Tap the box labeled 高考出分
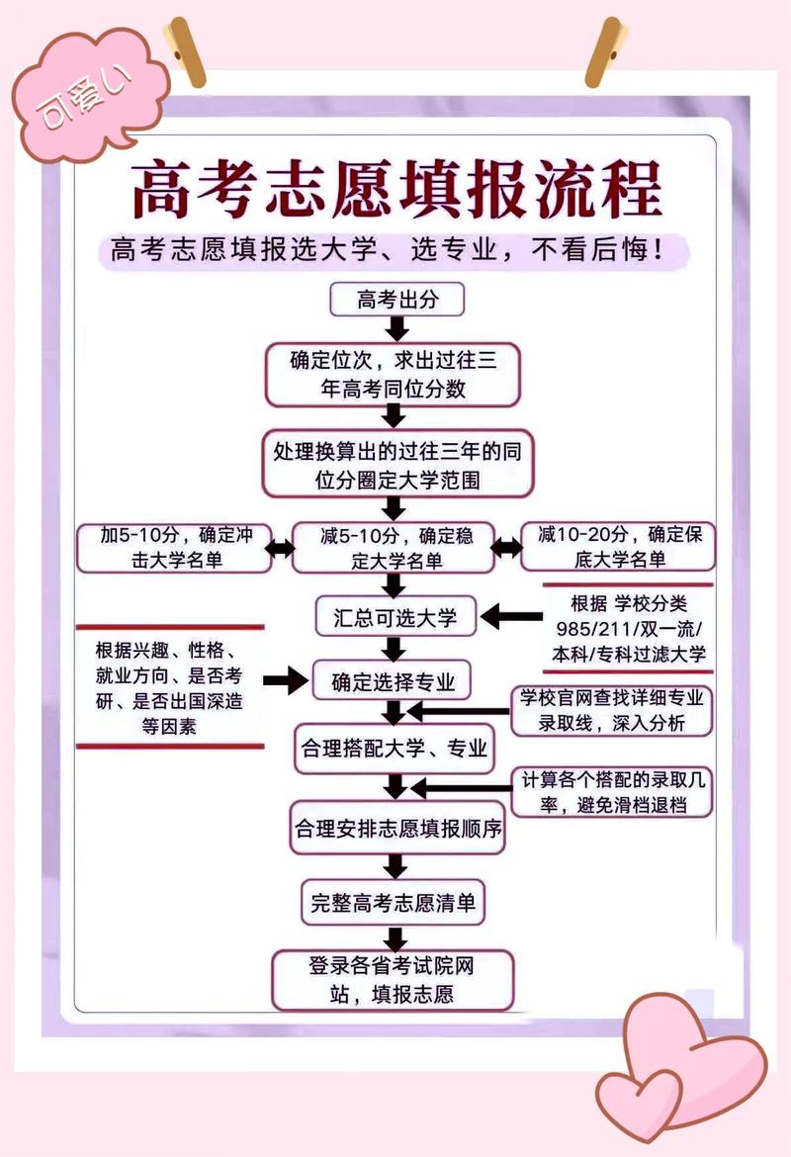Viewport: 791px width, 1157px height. point(396,299)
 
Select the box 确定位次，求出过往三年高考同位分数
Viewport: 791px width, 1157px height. point(393,375)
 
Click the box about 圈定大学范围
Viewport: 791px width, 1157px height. point(396,465)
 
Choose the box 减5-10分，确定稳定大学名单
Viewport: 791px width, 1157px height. point(396,548)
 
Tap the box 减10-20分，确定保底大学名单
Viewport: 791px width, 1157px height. point(617,547)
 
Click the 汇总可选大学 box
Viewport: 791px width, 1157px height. point(395,618)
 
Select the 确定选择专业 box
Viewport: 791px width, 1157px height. point(393,682)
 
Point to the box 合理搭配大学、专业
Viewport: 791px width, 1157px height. point(393,749)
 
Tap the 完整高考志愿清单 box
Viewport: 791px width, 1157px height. point(393,902)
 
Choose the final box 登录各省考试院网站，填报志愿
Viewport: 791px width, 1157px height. point(393,979)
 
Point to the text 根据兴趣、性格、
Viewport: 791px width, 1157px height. point(166,652)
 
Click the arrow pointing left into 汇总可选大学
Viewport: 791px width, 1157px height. point(511,618)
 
